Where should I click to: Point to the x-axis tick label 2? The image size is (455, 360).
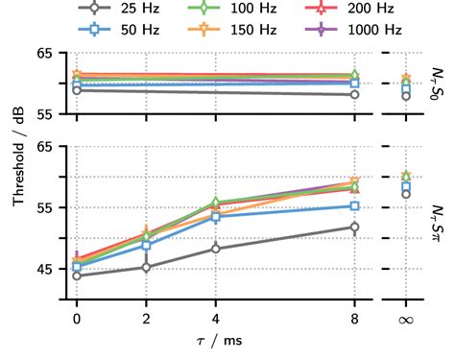(x=146, y=318)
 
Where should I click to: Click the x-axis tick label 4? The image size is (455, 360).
(x=215, y=318)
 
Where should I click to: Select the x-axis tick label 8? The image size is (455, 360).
(x=355, y=318)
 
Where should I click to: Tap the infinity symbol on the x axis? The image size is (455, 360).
(x=406, y=318)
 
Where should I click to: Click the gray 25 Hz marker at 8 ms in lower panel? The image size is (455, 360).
(x=355, y=228)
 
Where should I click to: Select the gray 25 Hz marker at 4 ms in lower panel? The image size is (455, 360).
(x=215, y=249)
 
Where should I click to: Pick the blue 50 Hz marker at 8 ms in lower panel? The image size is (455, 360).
(x=355, y=206)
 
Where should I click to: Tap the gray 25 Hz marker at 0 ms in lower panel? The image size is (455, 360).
(x=77, y=276)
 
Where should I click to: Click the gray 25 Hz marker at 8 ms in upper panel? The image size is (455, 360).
(x=355, y=94)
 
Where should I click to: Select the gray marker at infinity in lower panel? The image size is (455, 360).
(x=406, y=194)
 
